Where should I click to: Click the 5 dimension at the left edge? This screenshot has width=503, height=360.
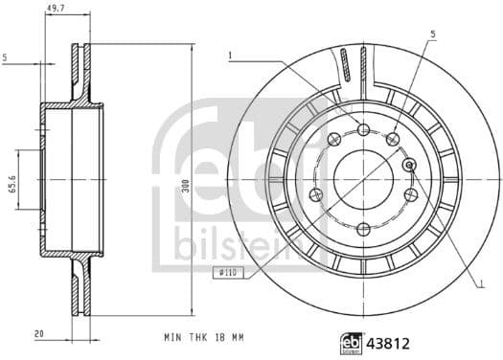click(x=6, y=58)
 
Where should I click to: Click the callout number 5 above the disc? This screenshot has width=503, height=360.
click(x=432, y=34)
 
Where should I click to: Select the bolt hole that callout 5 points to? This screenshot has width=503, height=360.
click(x=392, y=141)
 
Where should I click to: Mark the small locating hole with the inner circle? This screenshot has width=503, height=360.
click(x=410, y=165)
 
